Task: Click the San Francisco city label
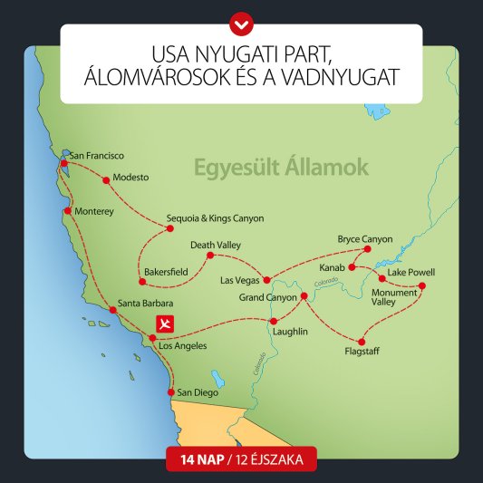click(96, 156)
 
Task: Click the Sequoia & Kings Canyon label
click(216, 218)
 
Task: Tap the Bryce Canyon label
click(365, 238)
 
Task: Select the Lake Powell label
click(411, 272)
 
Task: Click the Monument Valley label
click(394, 298)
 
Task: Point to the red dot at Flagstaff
click(362, 342)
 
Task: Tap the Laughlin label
click(290, 333)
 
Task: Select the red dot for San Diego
click(170, 391)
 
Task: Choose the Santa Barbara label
click(145, 303)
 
